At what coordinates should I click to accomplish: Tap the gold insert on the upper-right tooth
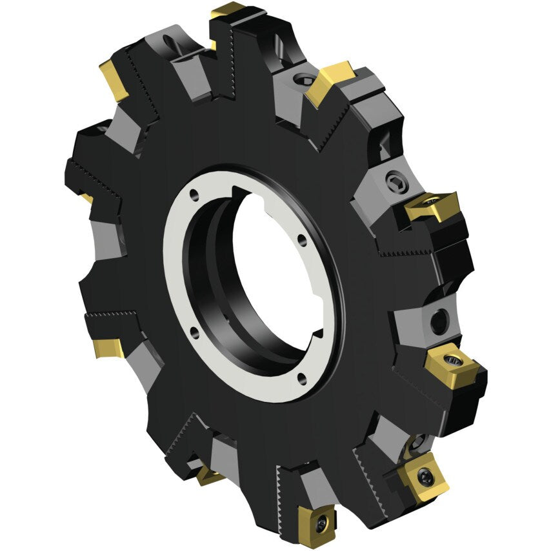coord(329,82)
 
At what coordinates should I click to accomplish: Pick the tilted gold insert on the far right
coord(431,206)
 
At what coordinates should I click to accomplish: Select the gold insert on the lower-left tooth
coord(106,347)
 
